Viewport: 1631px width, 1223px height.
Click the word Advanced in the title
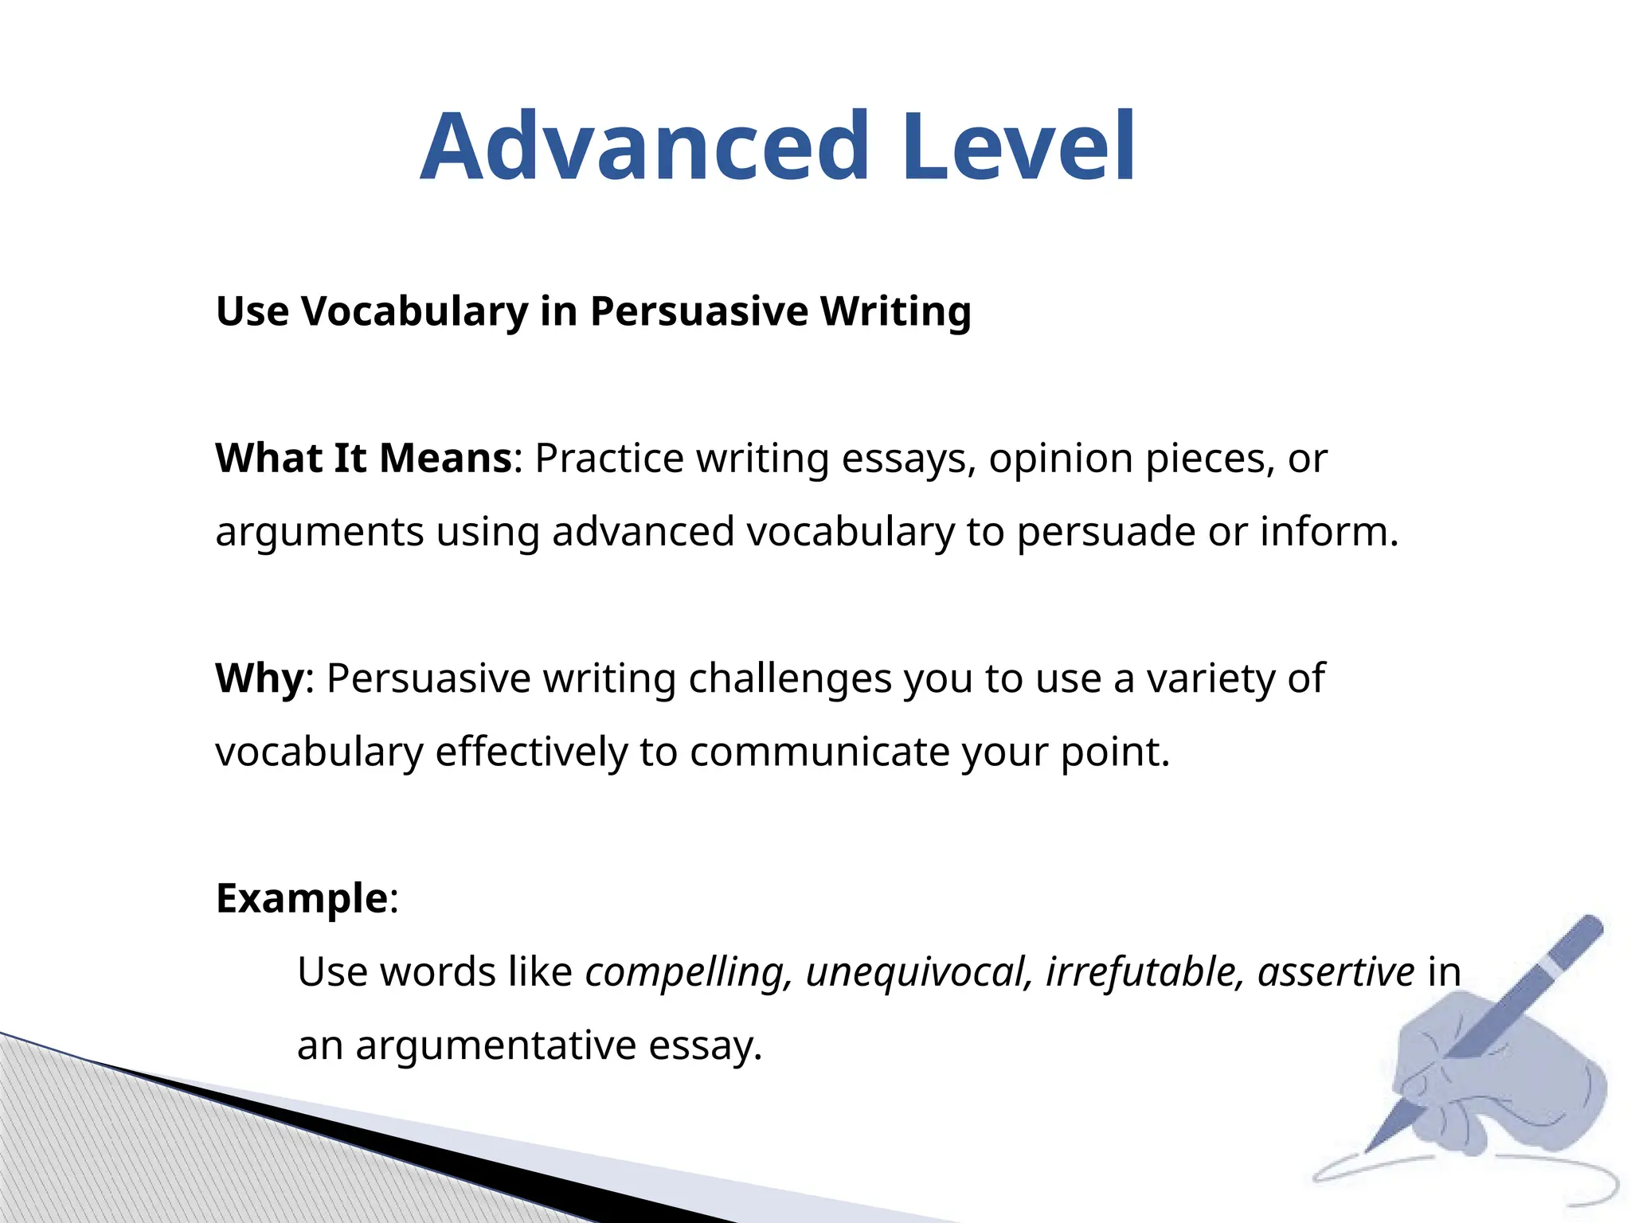645,147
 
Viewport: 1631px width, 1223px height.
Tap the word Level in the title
1019,147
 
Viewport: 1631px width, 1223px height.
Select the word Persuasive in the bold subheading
698,311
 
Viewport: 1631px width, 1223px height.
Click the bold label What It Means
364,459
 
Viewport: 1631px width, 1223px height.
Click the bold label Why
260,678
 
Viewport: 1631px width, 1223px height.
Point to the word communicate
819,752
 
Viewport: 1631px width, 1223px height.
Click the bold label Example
302,899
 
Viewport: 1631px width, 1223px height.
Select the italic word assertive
1336,971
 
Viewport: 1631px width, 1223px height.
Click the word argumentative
495,1045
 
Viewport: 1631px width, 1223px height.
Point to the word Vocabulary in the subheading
414,311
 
